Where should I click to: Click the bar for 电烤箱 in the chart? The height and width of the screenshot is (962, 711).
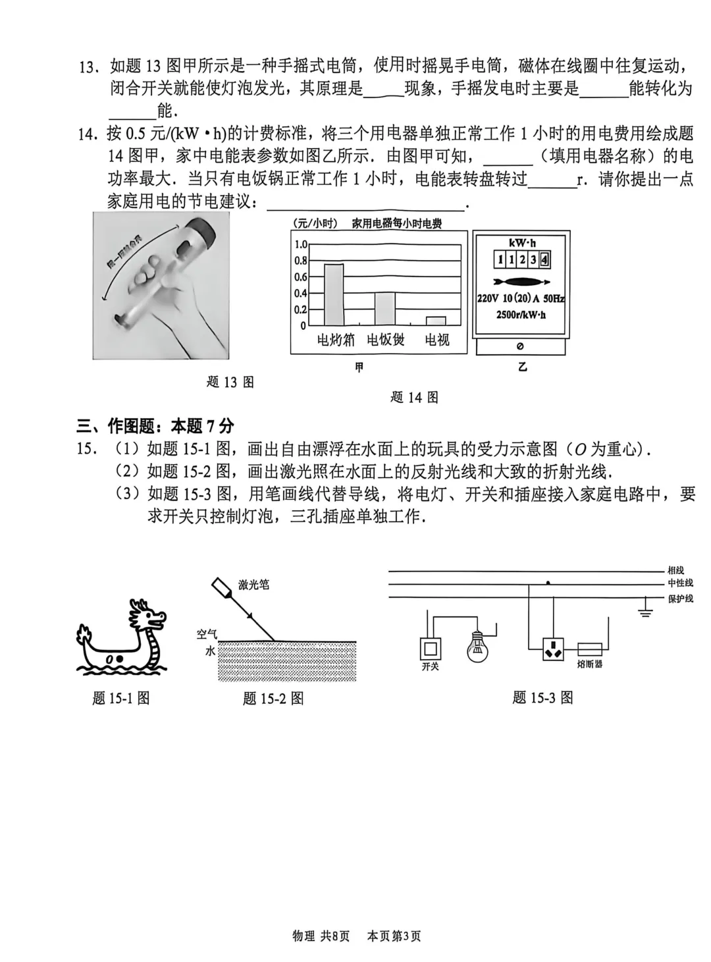334,294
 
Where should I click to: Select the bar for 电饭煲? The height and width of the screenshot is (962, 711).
385,309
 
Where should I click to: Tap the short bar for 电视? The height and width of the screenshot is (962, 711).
436,321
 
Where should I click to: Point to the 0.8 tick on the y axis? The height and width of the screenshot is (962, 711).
300,261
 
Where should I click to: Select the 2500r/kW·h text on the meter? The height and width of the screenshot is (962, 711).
521,315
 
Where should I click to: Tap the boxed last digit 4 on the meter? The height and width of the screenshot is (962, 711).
544,259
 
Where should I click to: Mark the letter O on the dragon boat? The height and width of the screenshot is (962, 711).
110,658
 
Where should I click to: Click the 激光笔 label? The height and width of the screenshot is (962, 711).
253,585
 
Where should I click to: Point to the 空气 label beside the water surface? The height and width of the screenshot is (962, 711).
206,634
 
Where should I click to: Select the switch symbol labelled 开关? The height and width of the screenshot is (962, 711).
430,649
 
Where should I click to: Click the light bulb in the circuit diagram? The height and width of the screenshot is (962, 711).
477,647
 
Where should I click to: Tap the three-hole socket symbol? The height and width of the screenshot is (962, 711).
554,649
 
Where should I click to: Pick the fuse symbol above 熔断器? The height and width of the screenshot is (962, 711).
590,649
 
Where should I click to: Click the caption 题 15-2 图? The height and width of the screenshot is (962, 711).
273,699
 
